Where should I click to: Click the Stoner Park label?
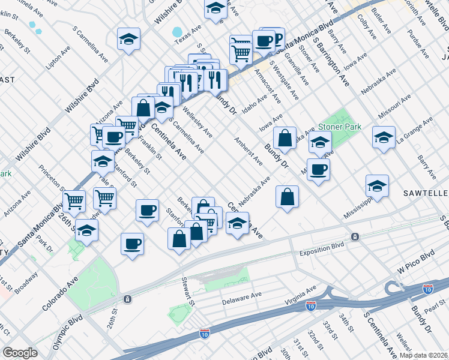[x=340, y=127]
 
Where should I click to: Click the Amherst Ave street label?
[x=248, y=151]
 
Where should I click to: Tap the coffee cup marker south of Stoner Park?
[x=318, y=169]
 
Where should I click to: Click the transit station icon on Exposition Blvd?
[x=355, y=237]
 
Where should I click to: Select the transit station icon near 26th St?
[x=127, y=299]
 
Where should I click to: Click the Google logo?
[x=20, y=353]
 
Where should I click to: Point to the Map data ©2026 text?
[x=423, y=355]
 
